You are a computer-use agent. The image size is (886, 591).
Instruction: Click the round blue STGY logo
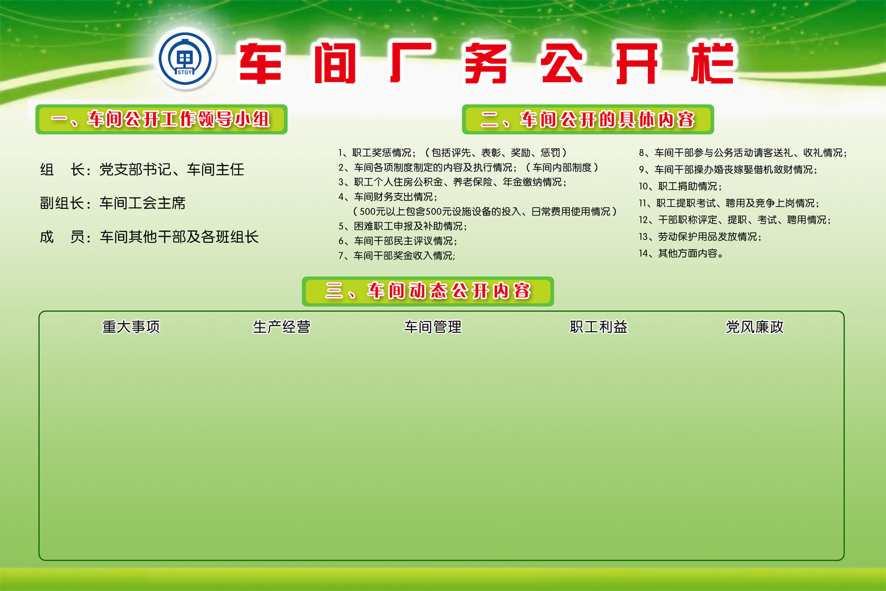pos(185,59)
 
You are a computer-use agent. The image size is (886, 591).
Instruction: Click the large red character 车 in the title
pos(260,63)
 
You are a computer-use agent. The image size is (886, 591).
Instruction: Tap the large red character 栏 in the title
pos(712,63)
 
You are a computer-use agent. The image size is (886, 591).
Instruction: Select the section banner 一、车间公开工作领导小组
pos(161,119)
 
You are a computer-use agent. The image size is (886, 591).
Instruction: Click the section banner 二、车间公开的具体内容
pos(588,119)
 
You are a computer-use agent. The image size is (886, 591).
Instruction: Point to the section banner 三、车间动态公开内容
pos(428,291)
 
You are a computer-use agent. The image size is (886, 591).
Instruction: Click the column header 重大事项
pos(131,327)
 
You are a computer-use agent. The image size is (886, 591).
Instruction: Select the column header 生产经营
pos(282,327)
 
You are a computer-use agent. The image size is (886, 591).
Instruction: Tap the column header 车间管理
pos(433,327)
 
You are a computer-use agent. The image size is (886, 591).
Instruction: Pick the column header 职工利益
pos(599,327)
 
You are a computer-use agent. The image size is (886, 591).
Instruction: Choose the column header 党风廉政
pos(755,327)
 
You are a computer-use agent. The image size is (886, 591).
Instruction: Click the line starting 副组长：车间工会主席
pos(113,203)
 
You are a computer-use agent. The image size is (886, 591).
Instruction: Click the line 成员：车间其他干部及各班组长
pos(149,237)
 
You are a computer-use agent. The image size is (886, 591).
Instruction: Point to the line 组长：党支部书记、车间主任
pos(142,169)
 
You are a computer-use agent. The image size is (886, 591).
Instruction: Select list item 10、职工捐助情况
pos(680,186)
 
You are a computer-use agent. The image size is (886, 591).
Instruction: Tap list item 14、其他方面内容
pos(681,254)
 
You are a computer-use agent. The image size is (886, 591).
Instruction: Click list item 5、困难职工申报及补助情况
pos(403,226)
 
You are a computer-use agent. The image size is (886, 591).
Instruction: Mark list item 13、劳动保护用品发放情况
pos(700,237)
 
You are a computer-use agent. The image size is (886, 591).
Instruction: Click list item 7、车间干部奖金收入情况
pos(397,256)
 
